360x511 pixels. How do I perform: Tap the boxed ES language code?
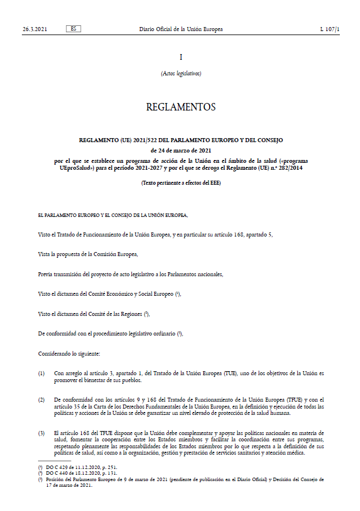coord(74,29)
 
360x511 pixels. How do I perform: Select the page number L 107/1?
coord(330,29)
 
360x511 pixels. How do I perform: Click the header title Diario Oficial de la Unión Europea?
coord(181,29)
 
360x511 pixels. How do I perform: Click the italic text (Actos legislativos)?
coord(181,73)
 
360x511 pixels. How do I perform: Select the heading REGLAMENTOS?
coord(181,107)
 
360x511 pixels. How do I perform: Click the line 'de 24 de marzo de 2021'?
coord(181,150)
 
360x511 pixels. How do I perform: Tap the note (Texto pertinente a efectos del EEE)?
coord(181,183)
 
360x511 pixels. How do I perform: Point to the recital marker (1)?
coord(41,373)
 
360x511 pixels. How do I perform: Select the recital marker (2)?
coord(41,399)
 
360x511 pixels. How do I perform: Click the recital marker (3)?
coord(41,432)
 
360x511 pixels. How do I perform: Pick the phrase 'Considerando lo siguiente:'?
coord(69,349)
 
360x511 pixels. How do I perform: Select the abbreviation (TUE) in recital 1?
coord(233,373)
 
